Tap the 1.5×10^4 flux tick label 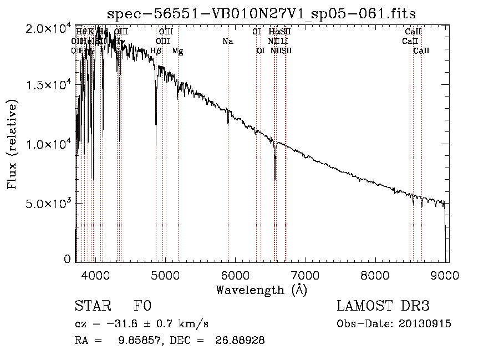coord(49,86)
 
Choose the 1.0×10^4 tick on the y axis coord(49,144)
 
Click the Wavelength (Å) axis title coord(261,290)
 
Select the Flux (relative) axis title coord(13,145)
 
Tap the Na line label coord(228,41)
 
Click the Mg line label coord(177,51)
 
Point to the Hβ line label coord(156,51)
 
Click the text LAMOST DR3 coord(383,306)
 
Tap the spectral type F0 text coord(142,306)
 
